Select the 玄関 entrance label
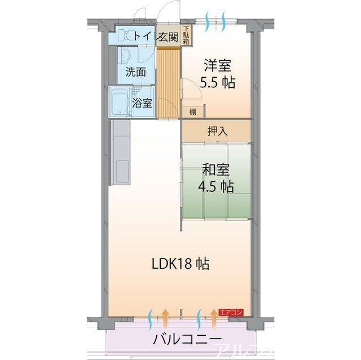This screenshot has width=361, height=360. (x=168, y=37)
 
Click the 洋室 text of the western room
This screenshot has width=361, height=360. (x=217, y=65)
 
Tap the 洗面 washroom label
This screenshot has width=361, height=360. (x=135, y=72)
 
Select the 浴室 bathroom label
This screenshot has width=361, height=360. (x=142, y=103)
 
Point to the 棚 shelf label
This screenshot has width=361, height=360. (x=193, y=111)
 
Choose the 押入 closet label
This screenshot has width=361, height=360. (x=217, y=131)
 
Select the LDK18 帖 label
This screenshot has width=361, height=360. (x=180, y=263)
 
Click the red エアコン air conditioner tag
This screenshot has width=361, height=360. (x=231, y=312)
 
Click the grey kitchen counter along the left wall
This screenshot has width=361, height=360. (x=121, y=152)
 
